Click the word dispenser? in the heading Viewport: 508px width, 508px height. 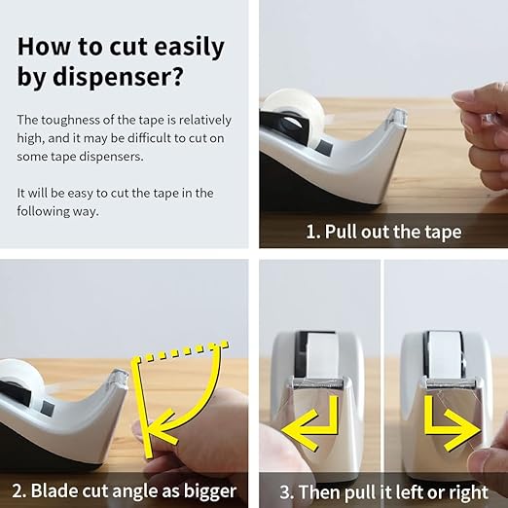tap(118, 77)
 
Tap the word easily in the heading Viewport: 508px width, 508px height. tap(189, 47)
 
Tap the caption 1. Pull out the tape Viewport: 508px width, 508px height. tap(383, 232)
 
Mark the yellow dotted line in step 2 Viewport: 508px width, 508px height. tap(184, 350)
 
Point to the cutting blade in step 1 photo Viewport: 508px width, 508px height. tap(397, 117)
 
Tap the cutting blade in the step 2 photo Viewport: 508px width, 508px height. tap(119, 378)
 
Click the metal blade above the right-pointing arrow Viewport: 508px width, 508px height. tap(451, 383)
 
